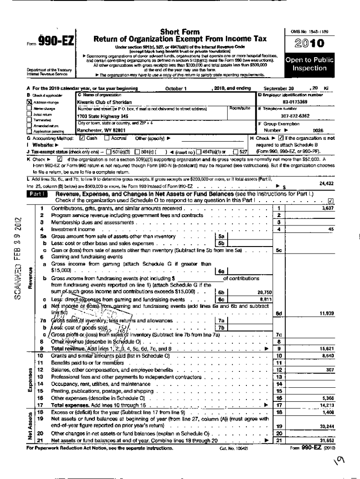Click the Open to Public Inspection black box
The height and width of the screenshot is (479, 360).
(309, 64)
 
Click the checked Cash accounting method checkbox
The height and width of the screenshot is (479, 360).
(82, 138)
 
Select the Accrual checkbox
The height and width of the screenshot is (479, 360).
(107, 138)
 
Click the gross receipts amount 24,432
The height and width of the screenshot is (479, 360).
(326, 183)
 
